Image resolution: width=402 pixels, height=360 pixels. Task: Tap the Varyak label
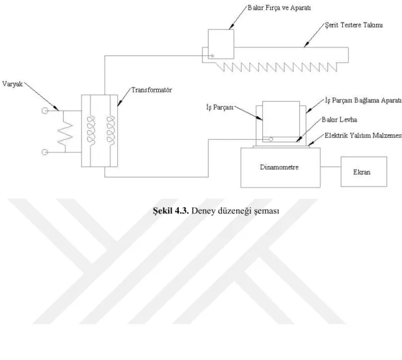(x=12, y=84)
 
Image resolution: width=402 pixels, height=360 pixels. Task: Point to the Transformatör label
(x=151, y=90)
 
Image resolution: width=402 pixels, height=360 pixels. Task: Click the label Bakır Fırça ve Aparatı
(x=279, y=8)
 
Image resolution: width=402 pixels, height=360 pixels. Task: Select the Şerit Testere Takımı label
(x=354, y=25)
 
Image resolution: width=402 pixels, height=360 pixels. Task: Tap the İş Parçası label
(x=220, y=107)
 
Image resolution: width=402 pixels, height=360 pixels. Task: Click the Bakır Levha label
(x=339, y=120)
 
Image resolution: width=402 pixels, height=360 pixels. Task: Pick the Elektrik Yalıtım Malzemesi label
(x=363, y=135)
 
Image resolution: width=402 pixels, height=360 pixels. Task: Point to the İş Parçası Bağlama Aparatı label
(x=363, y=100)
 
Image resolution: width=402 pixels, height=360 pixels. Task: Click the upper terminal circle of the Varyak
(x=45, y=110)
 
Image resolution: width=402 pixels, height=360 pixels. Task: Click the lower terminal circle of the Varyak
(x=45, y=152)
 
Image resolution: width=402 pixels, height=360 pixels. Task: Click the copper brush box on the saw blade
(x=221, y=29)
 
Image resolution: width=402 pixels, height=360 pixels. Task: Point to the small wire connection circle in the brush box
(x=213, y=56)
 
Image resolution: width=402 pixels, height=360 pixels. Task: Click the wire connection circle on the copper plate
(x=270, y=139)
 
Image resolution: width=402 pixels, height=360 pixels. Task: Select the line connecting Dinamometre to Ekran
(x=331, y=167)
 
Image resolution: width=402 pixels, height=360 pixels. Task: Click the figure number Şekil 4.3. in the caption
(x=171, y=211)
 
